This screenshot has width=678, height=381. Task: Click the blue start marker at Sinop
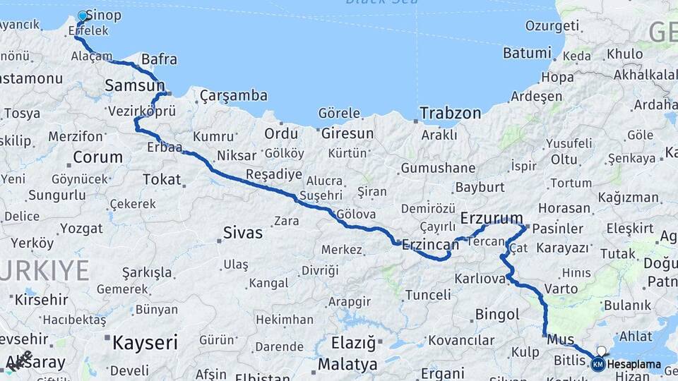pyautogui.click(x=83, y=16)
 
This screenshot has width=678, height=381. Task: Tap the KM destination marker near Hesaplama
pyautogui.click(x=597, y=364)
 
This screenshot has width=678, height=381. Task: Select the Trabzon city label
pyautogui.click(x=450, y=113)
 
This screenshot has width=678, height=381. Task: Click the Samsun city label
pyautogui.click(x=134, y=85)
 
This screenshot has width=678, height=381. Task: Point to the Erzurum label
pyautogui.click(x=492, y=217)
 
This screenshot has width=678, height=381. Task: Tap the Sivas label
pyautogui.click(x=242, y=232)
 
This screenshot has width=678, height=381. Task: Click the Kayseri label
pyautogui.click(x=145, y=343)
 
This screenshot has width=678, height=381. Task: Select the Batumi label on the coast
pyautogui.click(x=526, y=53)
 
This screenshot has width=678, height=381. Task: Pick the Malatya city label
pyautogui.click(x=347, y=365)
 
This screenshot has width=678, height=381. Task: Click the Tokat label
pyautogui.click(x=162, y=179)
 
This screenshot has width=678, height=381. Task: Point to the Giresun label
pyautogui.click(x=347, y=133)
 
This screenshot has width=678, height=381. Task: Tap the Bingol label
pyautogui.click(x=497, y=313)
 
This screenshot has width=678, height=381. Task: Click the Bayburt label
pyautogui.click(x=480, y=187)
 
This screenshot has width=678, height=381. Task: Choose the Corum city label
pyautogui.click(x=97, y=157)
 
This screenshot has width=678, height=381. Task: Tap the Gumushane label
pyautogui.click(x=438, y=168)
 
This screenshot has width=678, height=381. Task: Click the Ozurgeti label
pyautogui.click(x=552, y=25)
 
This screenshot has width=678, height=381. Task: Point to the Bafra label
pyautogui.click(x=159, y=59)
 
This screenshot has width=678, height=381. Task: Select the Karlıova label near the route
pyautogui.click(x=480, y=279)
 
